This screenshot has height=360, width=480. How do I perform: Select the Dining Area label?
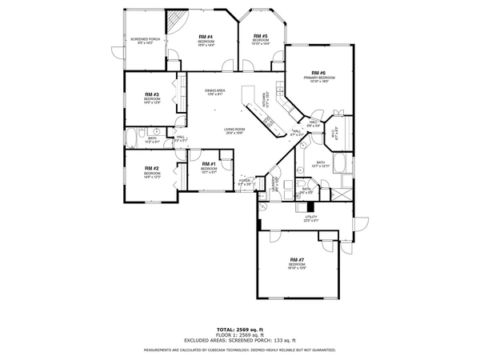click(214, 92)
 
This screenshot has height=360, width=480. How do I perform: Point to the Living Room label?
click(234, 130)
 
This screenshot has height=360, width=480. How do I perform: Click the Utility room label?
click(311, 217)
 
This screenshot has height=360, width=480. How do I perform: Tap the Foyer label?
click(245, 182)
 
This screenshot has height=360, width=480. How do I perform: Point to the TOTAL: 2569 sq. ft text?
click(239, 329)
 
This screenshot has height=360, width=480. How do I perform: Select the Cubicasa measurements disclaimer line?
click(239, 350)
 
